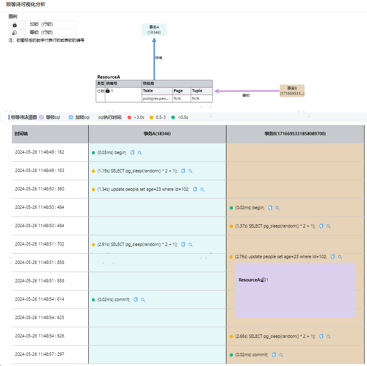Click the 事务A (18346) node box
[154, 29]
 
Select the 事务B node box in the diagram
[292, 91]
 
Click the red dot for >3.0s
[129, 117]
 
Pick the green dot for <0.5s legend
[173, 117]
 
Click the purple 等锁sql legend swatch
[41, 117]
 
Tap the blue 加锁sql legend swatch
[71, 117]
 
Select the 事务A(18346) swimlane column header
[157, 134]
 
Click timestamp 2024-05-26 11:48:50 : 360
[40, 189]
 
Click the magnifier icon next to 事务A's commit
[143, 300]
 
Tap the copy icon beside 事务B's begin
[270, 208]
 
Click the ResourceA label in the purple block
[250, 280]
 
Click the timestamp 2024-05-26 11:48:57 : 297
[40, 355]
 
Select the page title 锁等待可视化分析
[26, 4]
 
